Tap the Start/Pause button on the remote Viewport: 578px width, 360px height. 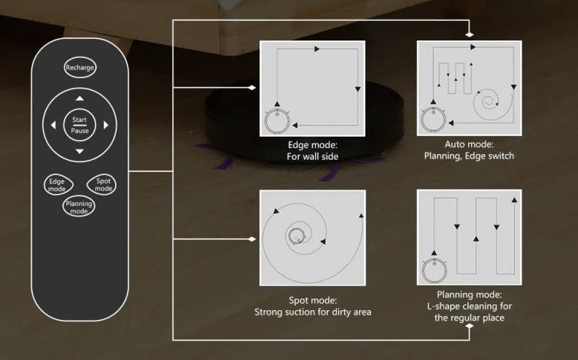(79, 125)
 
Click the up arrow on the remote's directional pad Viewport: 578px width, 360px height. (79, 98)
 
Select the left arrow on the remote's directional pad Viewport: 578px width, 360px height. (53, 125)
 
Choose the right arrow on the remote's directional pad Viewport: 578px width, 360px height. (106, 125)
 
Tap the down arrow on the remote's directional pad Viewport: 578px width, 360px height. (79, 151)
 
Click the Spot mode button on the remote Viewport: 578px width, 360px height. (102, 184)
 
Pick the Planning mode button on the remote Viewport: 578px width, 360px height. (79, 207)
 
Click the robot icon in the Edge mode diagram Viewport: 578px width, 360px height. (277, 121)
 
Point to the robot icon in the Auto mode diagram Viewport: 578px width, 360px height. (433, 119)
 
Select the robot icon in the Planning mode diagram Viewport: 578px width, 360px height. (435, 271)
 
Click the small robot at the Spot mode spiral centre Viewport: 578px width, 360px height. (296, 236)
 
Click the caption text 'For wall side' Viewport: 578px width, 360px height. (313, 156)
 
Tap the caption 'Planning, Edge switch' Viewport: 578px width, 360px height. (469, 155)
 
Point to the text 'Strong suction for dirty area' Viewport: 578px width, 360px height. (313, 312)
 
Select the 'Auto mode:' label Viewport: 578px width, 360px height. (469, 145)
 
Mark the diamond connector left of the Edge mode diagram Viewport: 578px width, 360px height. (251, 87)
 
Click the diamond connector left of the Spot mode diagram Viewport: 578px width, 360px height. (251, 239)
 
